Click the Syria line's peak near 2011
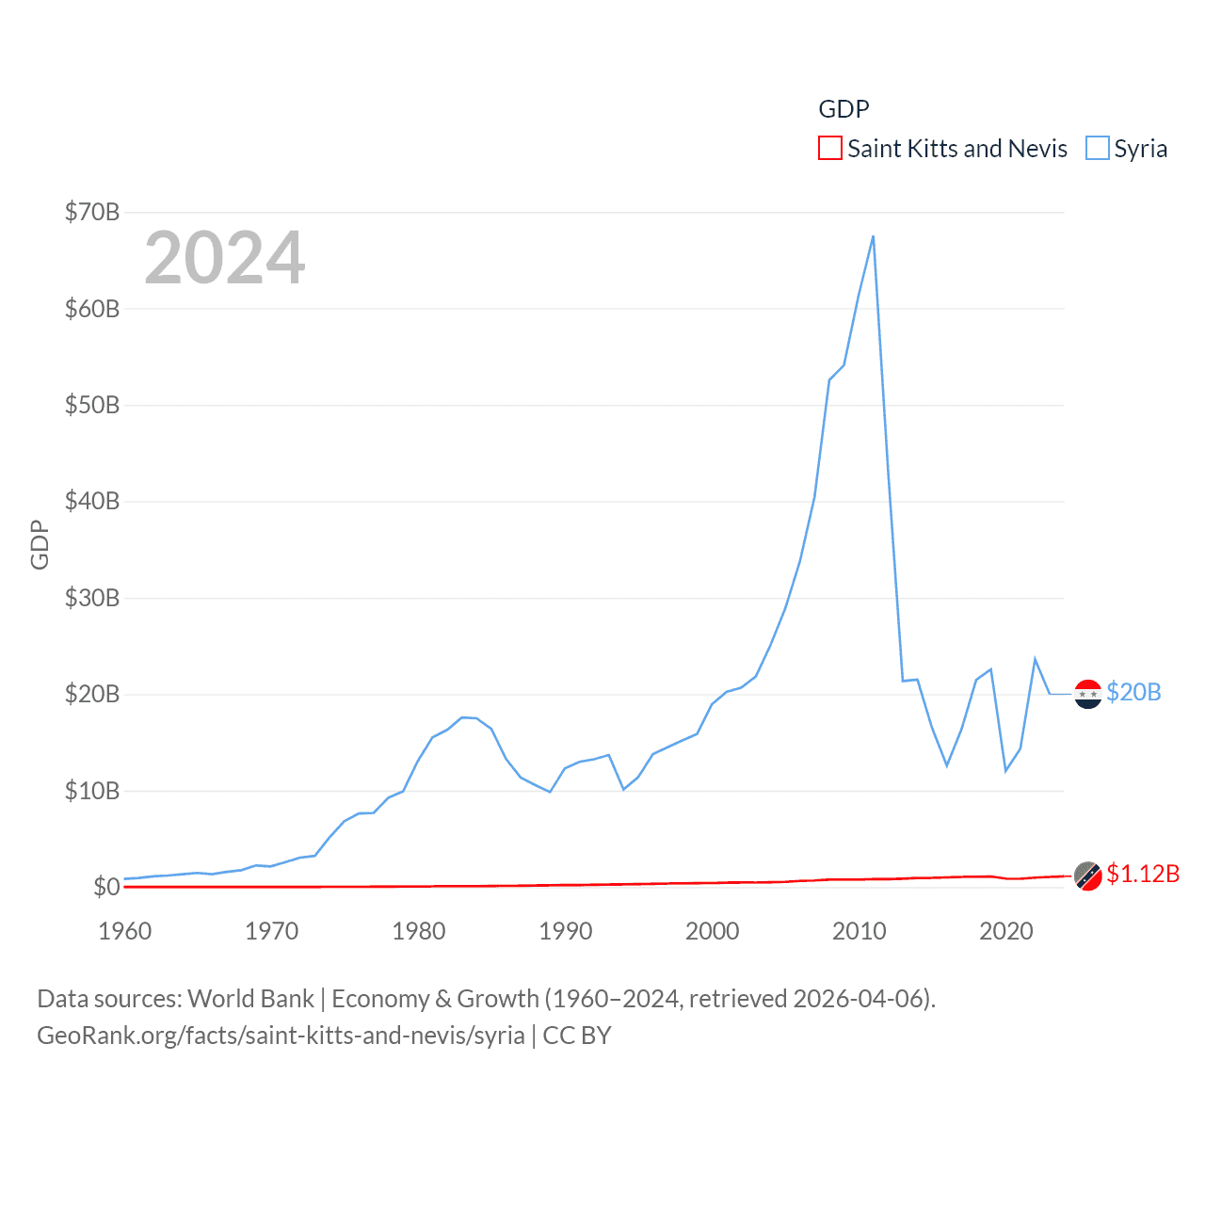click(x=873, y=236)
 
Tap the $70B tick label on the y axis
click(x=91, y=212)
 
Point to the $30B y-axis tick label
click(x=91, y=598)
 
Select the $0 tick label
click(x=105, y=887)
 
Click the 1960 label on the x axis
click(x=124, y=931)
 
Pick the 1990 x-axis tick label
click(x=565, y=931)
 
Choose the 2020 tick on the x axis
click(x=1005, y=931)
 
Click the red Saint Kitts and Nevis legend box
click(x=829, y=149)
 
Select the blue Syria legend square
click(x=1097, y=149)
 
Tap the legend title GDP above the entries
click(x=843, y=109)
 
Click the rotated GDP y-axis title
click(x=40, y=544)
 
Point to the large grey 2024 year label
click(x=224, y=258)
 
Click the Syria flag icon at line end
click(x=1087, y=694)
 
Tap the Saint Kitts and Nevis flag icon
click(x=1087, y=876)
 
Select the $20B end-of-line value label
click(x=1133, y=692)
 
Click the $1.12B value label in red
click(x=1143, y=874)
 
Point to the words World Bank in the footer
click(x=250, y=998)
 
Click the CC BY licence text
click(x=577, y=1036)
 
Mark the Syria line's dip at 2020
click(x=1005, y=771)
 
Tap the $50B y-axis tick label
click(x=91, y=405)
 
